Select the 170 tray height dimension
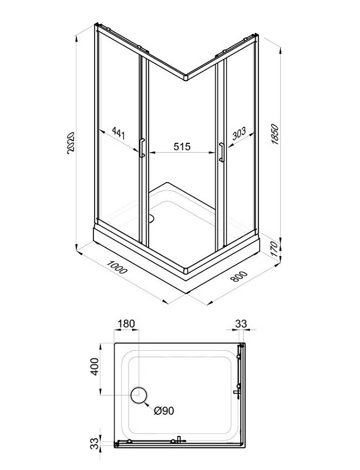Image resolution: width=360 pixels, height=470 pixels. tap(274, 249)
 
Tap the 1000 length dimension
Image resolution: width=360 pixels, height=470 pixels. tap(117, 267)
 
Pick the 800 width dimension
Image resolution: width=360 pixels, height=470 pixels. tap(239, 276)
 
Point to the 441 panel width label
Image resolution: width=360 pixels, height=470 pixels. tap(118, 133)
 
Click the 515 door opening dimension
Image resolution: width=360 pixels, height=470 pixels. tap(182, 146)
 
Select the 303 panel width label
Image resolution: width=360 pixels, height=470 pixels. tap(239, 133)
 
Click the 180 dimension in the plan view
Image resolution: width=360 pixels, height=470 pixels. tap(126, 324)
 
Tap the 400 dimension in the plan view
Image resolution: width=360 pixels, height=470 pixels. tap(95, 366)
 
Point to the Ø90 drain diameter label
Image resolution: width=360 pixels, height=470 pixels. tap(164, 410)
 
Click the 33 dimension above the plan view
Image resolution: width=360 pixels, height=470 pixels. tap(241, 324)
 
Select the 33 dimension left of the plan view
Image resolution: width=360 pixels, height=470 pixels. tap(94, 444)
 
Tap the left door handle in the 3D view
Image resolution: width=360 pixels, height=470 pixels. tap(142, 148)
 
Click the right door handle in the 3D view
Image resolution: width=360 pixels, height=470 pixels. tap(221, 152)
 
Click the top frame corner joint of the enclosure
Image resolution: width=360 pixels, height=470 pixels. tap(186, 77)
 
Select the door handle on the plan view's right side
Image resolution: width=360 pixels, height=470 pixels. tap(237, 392)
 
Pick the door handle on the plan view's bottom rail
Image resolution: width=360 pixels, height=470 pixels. tap(179, 439)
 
